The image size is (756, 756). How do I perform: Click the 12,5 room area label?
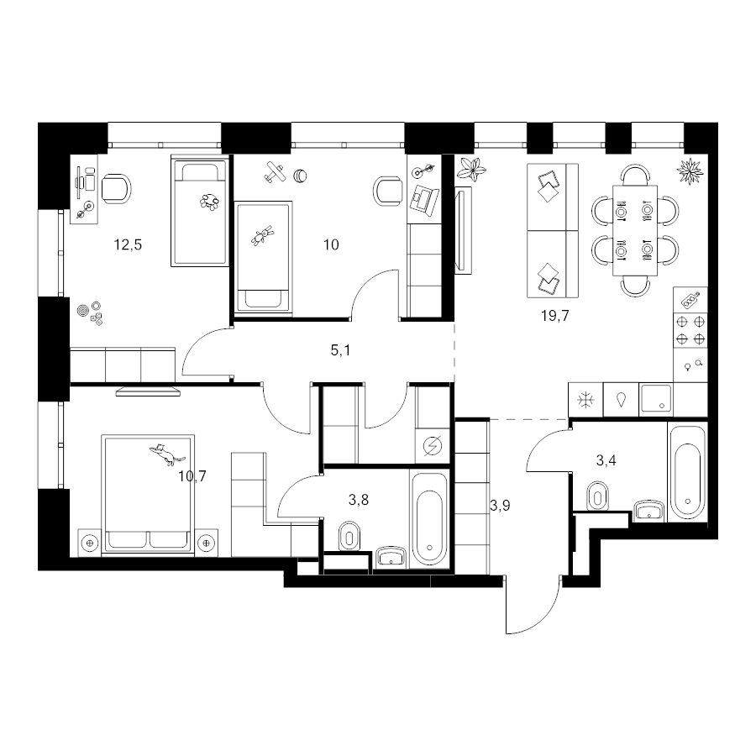pyautogui.click(x=128, y=245)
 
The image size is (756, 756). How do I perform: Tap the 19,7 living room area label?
pyautogui.click(x=555, y=316)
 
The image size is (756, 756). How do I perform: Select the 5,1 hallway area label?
pyautogui.click(x=340, y=350)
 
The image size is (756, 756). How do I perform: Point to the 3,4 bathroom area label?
pyautogui.click(x=606, y=460)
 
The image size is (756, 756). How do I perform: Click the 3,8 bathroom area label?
pyautogui.click(x=359, y=500)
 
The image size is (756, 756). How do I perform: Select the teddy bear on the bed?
pyautogui.click(x=263, y=235)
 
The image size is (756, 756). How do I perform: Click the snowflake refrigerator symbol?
pyautogui.click(x=585, y=400)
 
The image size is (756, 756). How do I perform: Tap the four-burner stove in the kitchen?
pyautogui.click(x=690, y=330)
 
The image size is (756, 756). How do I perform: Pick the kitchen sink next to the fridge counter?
pyautogui.click(x=656, y=399)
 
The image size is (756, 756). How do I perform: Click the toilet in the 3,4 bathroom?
pyautogui.click(x=598, y=495)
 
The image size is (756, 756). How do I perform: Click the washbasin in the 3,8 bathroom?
pyautogui.click(x=391, y=558)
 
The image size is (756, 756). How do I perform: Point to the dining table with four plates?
pyautogui.click(x=635, y=230)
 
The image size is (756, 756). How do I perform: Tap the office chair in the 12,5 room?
pyautogui.click(x=116, y=188)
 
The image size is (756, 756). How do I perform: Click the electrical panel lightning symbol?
pyautogui.click(x=432, y=447)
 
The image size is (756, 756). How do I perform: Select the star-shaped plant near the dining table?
pyautogui.click(x=691, y=171)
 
